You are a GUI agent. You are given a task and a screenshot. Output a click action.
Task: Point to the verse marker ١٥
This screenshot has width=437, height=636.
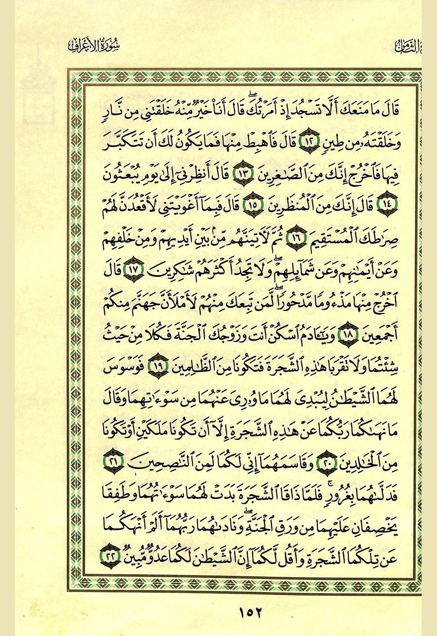coord(252,204)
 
